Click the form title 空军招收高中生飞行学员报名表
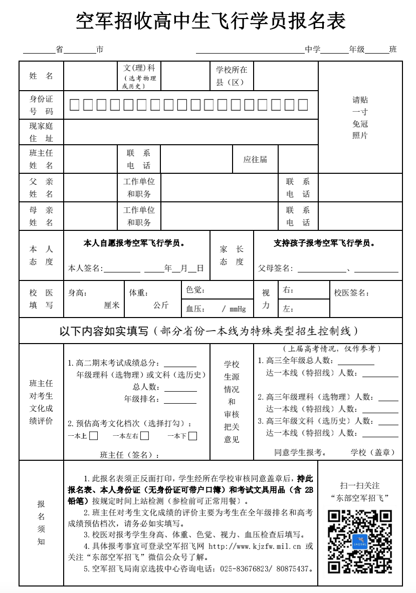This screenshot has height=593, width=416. coord(211,22)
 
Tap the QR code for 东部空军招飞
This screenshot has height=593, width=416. coord(359,541)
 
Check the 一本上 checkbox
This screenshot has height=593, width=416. coord(93,436)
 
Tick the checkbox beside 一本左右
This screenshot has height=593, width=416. coord(144,436)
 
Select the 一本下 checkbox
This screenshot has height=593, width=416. coord(192,436)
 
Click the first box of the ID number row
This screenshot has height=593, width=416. coord(74,105)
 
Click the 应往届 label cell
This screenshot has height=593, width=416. coord(255,160)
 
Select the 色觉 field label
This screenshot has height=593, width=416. coord(195,290)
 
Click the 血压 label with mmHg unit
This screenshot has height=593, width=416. coord(216,309)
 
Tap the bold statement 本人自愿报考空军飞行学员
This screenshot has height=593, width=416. coord(134,243)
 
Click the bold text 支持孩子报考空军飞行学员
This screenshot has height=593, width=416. coord(324,243)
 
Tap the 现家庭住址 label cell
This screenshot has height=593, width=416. coord(41,132)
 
